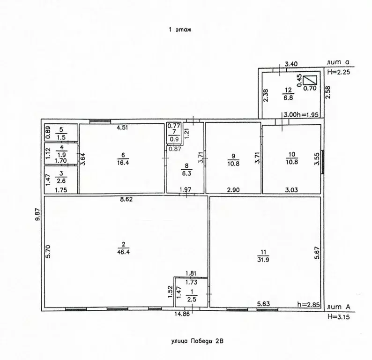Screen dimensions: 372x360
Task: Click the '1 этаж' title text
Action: [x=180, y=30]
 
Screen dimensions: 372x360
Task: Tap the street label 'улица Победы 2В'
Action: [x=197, y=341]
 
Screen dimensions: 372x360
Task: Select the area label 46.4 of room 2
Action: [x=123, y=252]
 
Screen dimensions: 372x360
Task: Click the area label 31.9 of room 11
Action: [x=263, y=260]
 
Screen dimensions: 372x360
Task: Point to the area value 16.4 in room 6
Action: [x=123, y=163]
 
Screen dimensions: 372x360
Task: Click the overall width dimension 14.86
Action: [x=182, y=314]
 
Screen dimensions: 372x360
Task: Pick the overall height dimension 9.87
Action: [x=37, y=215]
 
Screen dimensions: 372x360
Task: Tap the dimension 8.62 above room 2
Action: [x=126, y=199]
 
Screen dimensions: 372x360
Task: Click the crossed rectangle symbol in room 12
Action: [x=310, y=80]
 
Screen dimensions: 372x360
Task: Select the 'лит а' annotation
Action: [x=338, y=62]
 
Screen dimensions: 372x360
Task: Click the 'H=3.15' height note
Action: [x=339, y=316]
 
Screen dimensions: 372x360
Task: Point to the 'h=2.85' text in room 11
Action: [x=308, y=305]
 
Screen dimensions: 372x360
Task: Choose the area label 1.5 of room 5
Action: [x=61, y=137]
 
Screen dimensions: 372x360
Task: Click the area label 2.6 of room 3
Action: [x=61, y=181]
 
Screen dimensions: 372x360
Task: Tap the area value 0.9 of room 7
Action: [x=174, y=139]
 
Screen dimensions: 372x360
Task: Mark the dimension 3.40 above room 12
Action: [x=291, y=64]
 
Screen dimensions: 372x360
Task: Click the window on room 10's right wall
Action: [x=322, y=162]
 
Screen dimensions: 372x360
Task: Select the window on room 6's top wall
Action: [x=100, y=121]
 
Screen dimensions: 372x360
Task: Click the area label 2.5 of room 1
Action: [x=192, y=300]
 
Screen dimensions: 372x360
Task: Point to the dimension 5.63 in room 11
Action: [x=264, y=304]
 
